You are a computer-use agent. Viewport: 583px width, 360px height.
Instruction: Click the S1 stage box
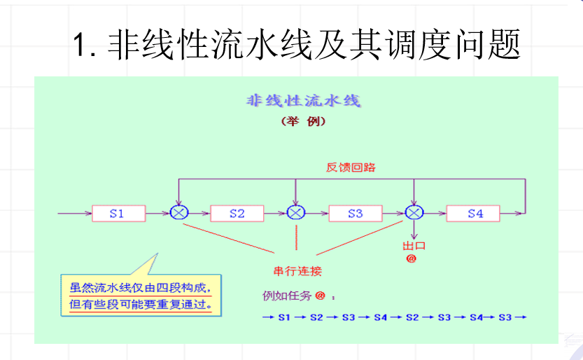click(x=117, y=213)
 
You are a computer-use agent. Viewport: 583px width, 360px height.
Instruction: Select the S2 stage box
click(x=237, y=213)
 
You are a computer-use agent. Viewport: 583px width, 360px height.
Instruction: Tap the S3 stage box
click(x=356, y=213)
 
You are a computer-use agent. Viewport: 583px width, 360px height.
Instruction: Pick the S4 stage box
click(x=475, y=213)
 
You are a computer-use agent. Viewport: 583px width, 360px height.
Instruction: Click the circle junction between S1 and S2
click(x=178, y=213)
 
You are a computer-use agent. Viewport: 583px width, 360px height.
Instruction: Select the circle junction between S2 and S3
click(x=296, y=213)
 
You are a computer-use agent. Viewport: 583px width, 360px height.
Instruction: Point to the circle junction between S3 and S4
click(x=414, y=213)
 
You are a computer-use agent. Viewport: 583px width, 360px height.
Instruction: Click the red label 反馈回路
click(x=351, y=167)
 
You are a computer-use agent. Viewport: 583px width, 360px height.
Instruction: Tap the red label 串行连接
click(x=297, y=271)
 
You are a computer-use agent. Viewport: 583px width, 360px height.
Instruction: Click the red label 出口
click(x=414, y=246)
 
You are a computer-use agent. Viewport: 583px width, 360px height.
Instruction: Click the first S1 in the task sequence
click(x=283, y=317)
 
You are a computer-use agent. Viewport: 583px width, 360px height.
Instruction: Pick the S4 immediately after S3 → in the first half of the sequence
click(x=380, y=317)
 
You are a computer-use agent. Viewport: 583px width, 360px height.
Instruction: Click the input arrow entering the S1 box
click(x=74, y=213)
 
